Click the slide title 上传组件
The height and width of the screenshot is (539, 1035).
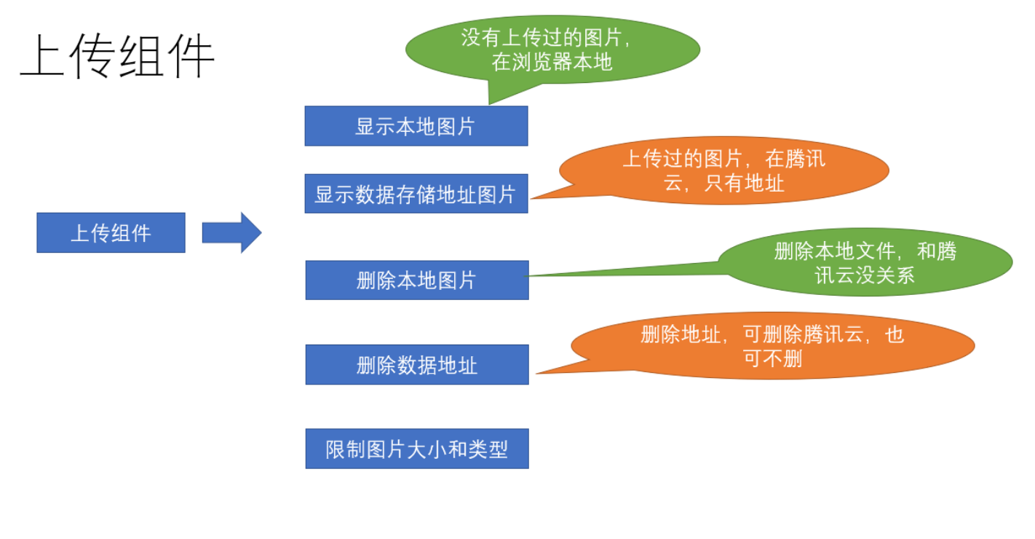(x=116, y=58)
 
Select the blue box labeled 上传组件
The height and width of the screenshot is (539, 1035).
(x=111, y=232)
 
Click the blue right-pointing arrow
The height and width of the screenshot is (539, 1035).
(x=231, y=232)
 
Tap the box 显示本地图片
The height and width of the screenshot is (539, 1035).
(x=416, y=126)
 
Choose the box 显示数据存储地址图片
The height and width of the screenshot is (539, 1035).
(x=416, y=194)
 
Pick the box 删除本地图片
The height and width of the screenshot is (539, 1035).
(x=416, y=280)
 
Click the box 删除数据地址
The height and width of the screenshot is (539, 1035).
(x=416, y=364)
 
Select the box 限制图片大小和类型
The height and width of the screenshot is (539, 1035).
(x=416, y=449)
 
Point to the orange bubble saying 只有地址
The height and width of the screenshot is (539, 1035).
(x=724, y=170)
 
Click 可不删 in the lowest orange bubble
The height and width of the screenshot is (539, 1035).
(x=772, y=358)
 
